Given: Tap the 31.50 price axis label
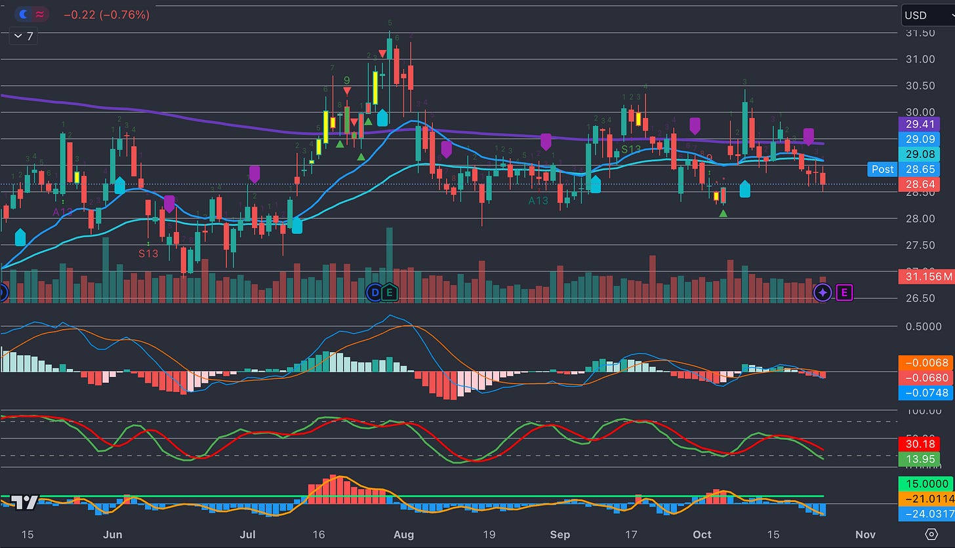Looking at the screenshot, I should [921, 33].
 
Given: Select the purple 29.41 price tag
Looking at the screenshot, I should [920, 123].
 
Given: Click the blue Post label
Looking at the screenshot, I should [882, 169].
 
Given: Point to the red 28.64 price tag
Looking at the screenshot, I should [920, 186].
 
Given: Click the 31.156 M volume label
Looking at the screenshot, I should [925, 277].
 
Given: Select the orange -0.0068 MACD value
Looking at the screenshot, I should [925, 362].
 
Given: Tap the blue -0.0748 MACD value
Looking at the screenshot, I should [925, 393].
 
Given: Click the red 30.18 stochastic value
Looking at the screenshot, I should [920, 444].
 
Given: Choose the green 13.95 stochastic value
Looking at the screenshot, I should [920, 459].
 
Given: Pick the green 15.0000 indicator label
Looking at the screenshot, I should [925, 485].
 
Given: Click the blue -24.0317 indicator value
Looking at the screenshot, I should [925, 514].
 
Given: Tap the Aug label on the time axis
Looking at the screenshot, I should [404, 534].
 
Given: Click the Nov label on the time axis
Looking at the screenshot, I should [866, 534].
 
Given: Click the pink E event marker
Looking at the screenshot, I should [844, 293].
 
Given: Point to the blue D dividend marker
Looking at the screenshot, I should [374, 293].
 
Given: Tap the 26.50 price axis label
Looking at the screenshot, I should [921, 298].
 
